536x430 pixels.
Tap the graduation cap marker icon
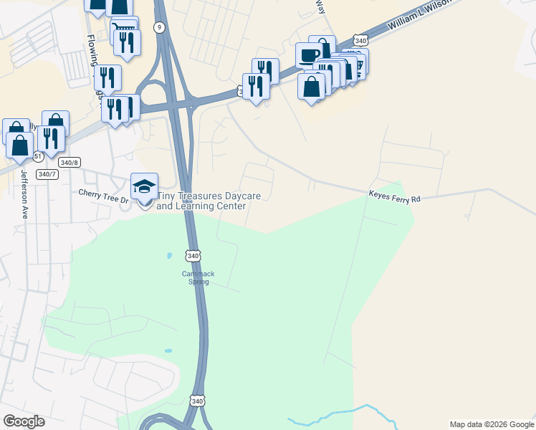[144, 186]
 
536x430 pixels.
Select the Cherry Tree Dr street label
[102, 193]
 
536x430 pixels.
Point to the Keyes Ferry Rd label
[393, 194]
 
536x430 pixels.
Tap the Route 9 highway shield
[158, 27]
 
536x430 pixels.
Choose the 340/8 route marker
[69, 162]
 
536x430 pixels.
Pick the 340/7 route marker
[47, 174]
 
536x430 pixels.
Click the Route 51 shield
[37, 156]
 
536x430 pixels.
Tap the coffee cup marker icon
[310, 55]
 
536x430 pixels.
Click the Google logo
[24, 421]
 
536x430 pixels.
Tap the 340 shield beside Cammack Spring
[193, 256]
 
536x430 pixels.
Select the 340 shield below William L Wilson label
[360, 41]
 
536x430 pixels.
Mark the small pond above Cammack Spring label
[169, 255]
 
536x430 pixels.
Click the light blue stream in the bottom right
[337, 413]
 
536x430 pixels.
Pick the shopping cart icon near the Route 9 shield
[121, 28]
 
